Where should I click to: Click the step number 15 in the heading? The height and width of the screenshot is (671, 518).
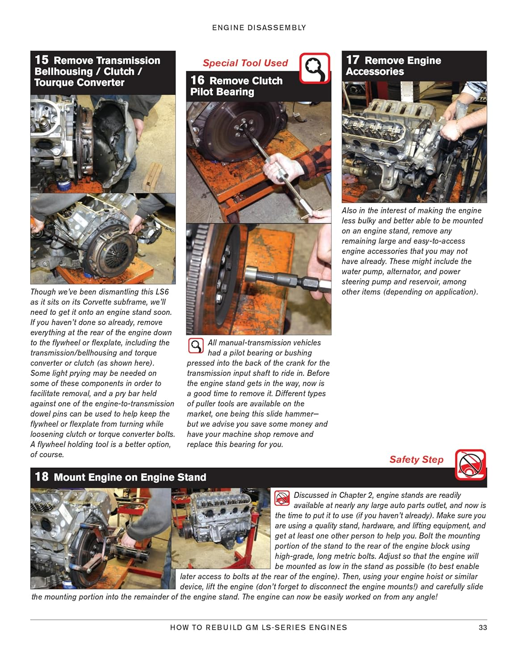coord(42,60)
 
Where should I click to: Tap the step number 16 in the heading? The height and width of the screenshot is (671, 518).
coord(197,81)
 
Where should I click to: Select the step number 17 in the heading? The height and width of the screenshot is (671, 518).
coord(353,60)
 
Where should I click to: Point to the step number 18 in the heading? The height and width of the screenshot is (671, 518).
coord(42,477)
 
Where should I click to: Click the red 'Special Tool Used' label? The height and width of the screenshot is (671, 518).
coord(245,63)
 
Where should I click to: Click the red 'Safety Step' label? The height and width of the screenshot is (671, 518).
coord(416,459)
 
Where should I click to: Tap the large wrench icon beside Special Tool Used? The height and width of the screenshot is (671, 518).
coord(315,68)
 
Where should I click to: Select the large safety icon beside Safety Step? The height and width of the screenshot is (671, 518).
coord(470,464)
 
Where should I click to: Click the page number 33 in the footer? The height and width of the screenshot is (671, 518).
coord(483,628)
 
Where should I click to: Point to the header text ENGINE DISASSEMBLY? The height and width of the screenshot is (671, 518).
coord(259,28)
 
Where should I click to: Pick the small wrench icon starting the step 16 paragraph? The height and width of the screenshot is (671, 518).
coord(195,346)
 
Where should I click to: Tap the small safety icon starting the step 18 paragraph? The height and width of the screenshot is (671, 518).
coord(282,498)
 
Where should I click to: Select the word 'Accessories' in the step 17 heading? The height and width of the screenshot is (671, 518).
coord(375,72)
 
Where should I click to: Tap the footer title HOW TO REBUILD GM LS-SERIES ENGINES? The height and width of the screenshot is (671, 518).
coord(258,628)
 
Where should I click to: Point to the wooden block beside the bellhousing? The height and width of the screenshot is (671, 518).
coord(152,176)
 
